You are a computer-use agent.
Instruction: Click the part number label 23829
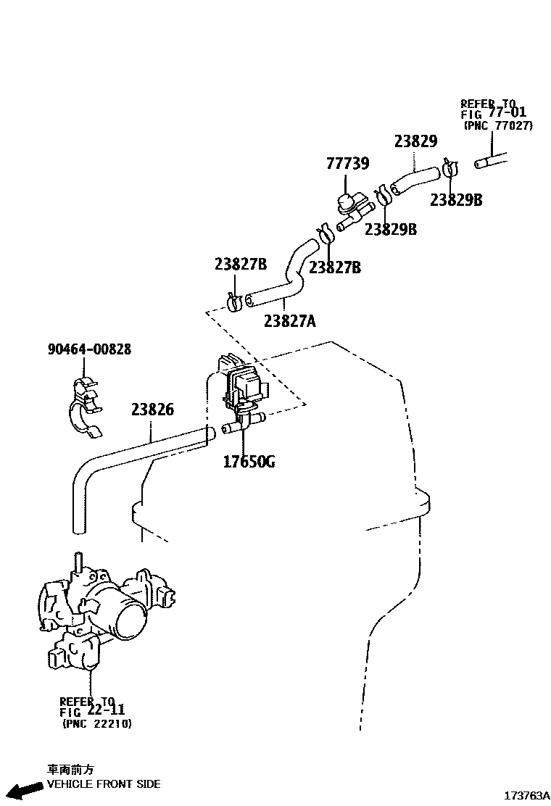pyautogui.click(x=415, y=141)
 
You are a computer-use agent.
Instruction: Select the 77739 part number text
pyautogui.click(x=347, y=164)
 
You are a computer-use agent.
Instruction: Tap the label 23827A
pyautogui.click(x=289, y=320)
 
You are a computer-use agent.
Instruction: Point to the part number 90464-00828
pyautogui.click(x=89, y=349)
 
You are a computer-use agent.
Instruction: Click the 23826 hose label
pyautogui.click(x=152, y=410)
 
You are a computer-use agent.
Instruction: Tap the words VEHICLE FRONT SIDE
pyautogui.click(x=103, y=784)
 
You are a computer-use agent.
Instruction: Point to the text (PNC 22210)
pyautogui.click(x=97, y=723)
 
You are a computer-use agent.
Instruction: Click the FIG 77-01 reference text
pyautogui.click(x=493, y=113)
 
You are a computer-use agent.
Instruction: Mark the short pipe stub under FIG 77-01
pyautogui.click(x=492, y=160)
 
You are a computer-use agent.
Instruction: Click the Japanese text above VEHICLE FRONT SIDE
pyautogui.click(x=70, y=770)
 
